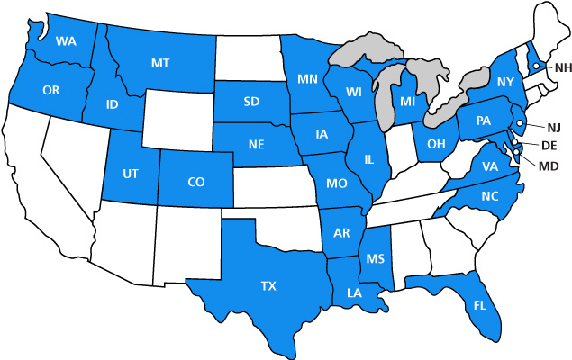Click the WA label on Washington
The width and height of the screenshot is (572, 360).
point(65,41)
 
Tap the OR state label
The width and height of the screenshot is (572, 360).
point(50,90)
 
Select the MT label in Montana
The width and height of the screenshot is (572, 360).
point(161,62)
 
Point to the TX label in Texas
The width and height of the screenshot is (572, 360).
point(268,286)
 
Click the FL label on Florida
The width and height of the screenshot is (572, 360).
point(478,305)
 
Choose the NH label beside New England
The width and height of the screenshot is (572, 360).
point(563,67)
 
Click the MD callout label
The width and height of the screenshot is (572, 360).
point(548,165)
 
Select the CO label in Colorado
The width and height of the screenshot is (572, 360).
point(196,182)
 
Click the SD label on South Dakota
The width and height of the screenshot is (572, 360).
point(251,101)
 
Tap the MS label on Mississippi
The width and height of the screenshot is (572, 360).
point(376,259)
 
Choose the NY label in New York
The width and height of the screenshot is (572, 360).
point(504,82)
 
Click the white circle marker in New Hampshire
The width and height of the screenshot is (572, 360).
point(536,66)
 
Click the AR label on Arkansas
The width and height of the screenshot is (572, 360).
point(341,234)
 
